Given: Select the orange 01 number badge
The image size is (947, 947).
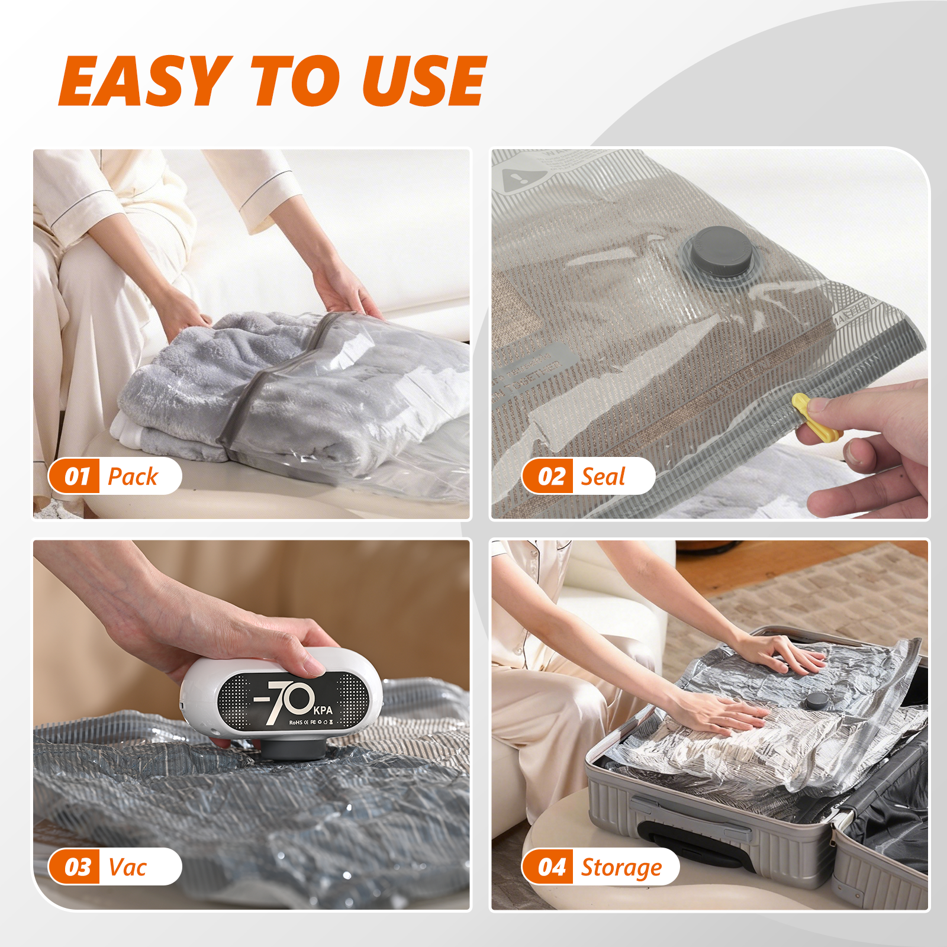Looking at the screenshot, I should (x=76, y=476).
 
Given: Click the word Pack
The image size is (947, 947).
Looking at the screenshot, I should (x=133, y=476).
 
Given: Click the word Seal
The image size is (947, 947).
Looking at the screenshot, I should (x=603, y=476).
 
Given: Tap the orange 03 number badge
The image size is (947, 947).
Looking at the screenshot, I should (x=76, y=867).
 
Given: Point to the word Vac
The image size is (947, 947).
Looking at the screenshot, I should (x=127, y=867).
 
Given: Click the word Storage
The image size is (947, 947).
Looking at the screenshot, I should (x=621, y=868).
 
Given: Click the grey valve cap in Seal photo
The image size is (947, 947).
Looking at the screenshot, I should (x=723, y=250).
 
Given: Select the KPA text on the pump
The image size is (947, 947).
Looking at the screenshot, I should (x=323, y=710).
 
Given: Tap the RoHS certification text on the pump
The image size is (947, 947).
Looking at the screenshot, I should (x=295, y=723).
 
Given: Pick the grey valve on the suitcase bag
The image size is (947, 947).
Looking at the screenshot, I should (x=817, y=701).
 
